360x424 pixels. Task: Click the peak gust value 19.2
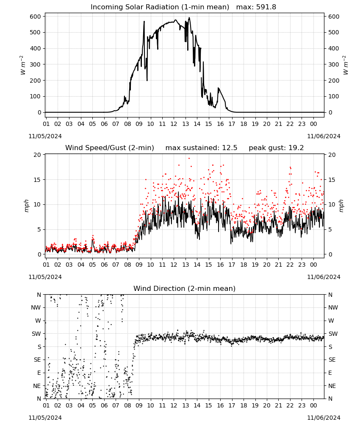pyautogui.click(x=296, y=148)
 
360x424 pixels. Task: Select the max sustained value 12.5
pyautogui.click(x=230, y=148)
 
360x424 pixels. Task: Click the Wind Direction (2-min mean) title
pyautogui.click(x=185, y=288)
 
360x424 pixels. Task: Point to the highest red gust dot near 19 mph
pyautogui.click(x=189, y=159)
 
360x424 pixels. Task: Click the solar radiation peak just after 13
pyautogui.click(x=189, y=17)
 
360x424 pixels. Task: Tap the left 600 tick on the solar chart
pyautogui.click(x=36, y=17)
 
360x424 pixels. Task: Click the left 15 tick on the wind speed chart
pyautogui.click(x=37, y=180)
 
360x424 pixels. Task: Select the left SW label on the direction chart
pyautogui.click(x=36, y=334)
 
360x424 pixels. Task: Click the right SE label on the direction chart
pyautogui.click(x=332, y=360)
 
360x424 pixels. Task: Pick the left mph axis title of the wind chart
pyautogui.click(x=26, y=206)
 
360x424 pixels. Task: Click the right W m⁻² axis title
pyautogui.click(x=345, y=65)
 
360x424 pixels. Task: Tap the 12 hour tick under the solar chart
pyautogui.click(x=174, y=124)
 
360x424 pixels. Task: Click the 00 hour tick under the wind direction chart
pyautogui.click(x=313, y=406)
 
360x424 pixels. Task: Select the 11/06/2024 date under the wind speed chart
pyautogui.click(x=324, y=277)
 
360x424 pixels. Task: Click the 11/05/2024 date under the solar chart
pyautogui.click(x=45, y=136)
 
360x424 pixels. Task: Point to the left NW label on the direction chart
pyautogui.click(x=36, y=307)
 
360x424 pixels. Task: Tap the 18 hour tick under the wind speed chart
pyautogui.click(x=244, y=265)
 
